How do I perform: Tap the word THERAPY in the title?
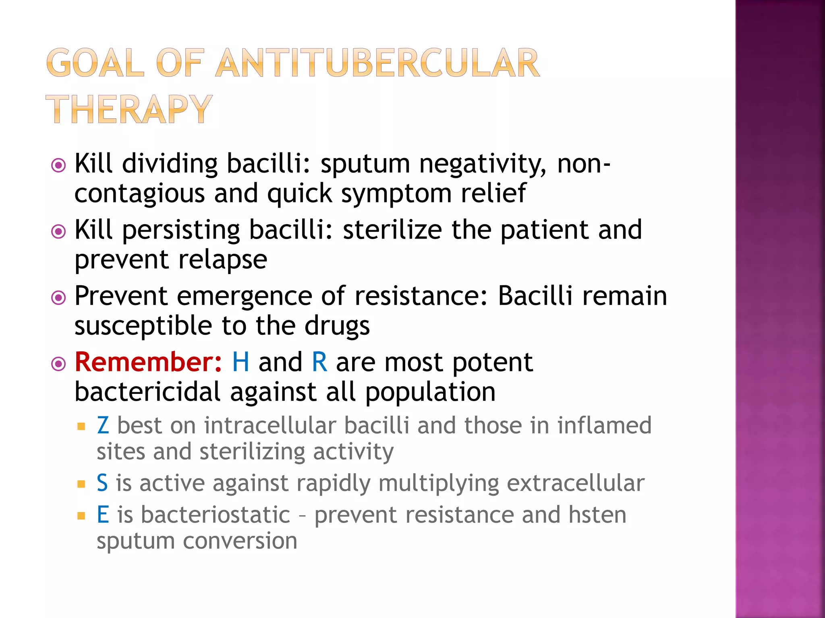click(129, 109)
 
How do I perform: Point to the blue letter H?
click(240, 362)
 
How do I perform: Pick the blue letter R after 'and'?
click(319, 362)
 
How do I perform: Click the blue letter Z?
click(103, 426)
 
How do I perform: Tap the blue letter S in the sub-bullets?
click(102, 483)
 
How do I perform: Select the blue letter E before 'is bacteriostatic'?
click(103, 515)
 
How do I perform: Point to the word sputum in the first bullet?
click(365, 164)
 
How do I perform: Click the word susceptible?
click(143, 325)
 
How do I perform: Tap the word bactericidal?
click(147, 392)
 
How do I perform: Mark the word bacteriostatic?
click(215, 515)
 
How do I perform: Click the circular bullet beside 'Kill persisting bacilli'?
click(59, 231)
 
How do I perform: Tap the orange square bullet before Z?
click(81, 426)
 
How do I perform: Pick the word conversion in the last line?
click(240, 541)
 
